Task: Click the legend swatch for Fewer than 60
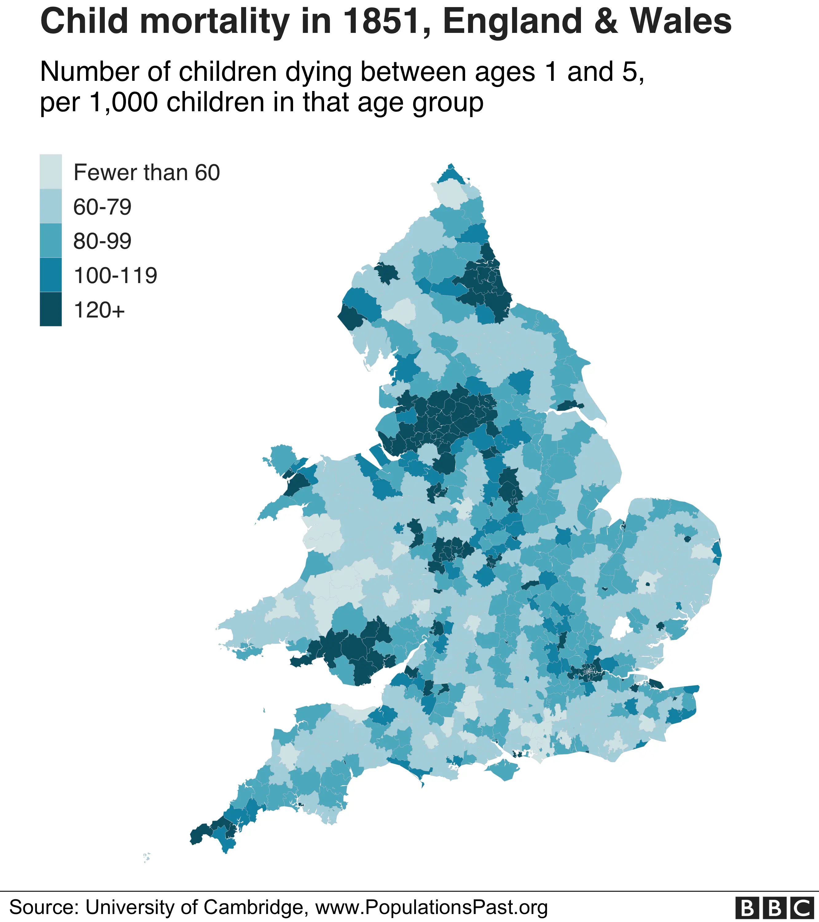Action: (50, 171)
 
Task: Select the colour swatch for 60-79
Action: (50, 206)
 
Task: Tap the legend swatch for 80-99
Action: (50, 240)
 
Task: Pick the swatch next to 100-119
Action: (50, 275)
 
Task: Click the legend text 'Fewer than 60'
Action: (147, 172)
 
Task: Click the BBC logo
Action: (772, 908)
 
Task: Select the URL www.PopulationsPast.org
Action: (431, 907)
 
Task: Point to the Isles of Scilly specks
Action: (146, 857)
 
